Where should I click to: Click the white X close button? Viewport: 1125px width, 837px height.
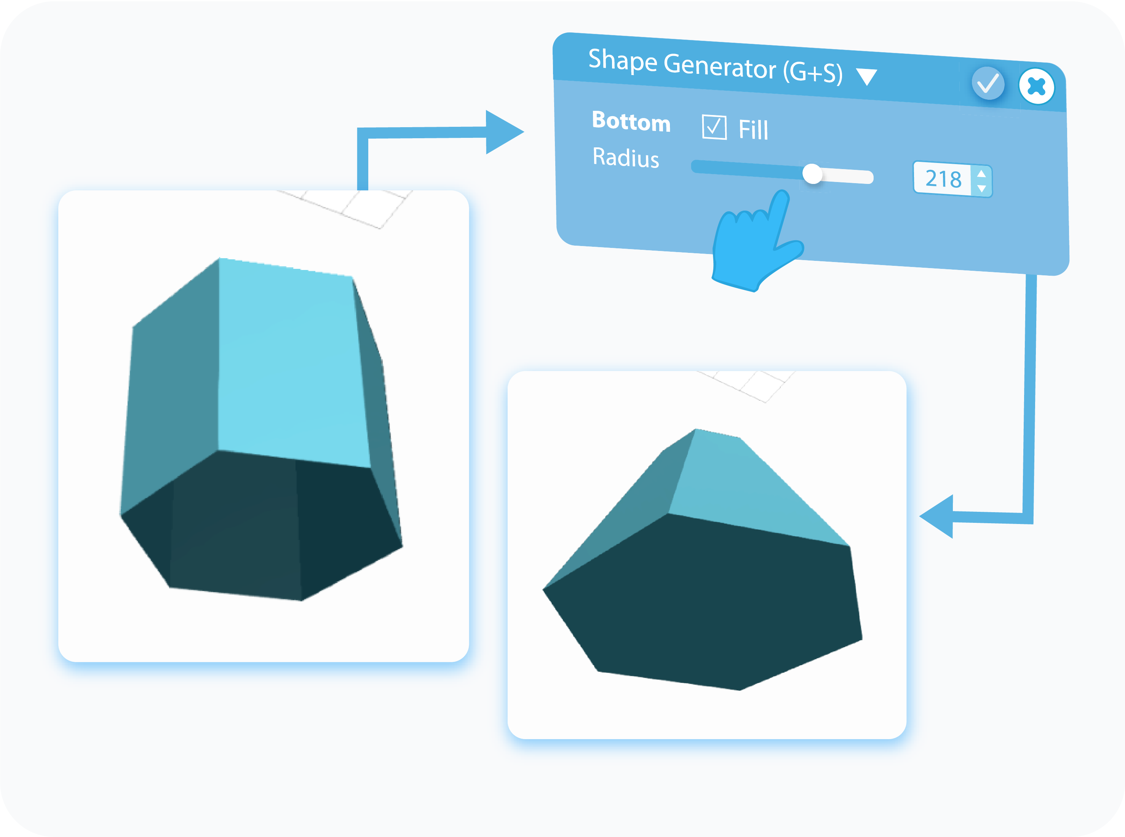[x=1036, y=86]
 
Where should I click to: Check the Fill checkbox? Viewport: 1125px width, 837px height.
[x=714, y=127]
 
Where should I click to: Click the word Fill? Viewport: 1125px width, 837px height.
[x=753, y=130]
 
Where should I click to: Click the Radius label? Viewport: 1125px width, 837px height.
[x=626, y=158]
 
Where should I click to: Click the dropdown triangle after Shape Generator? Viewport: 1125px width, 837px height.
[x=866, y=77]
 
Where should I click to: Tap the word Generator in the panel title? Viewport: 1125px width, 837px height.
[x=719, y=65]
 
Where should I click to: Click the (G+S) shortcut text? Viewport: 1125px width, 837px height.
[x=813, y=72]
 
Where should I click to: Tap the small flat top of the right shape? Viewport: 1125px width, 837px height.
[x=717, y=433]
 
